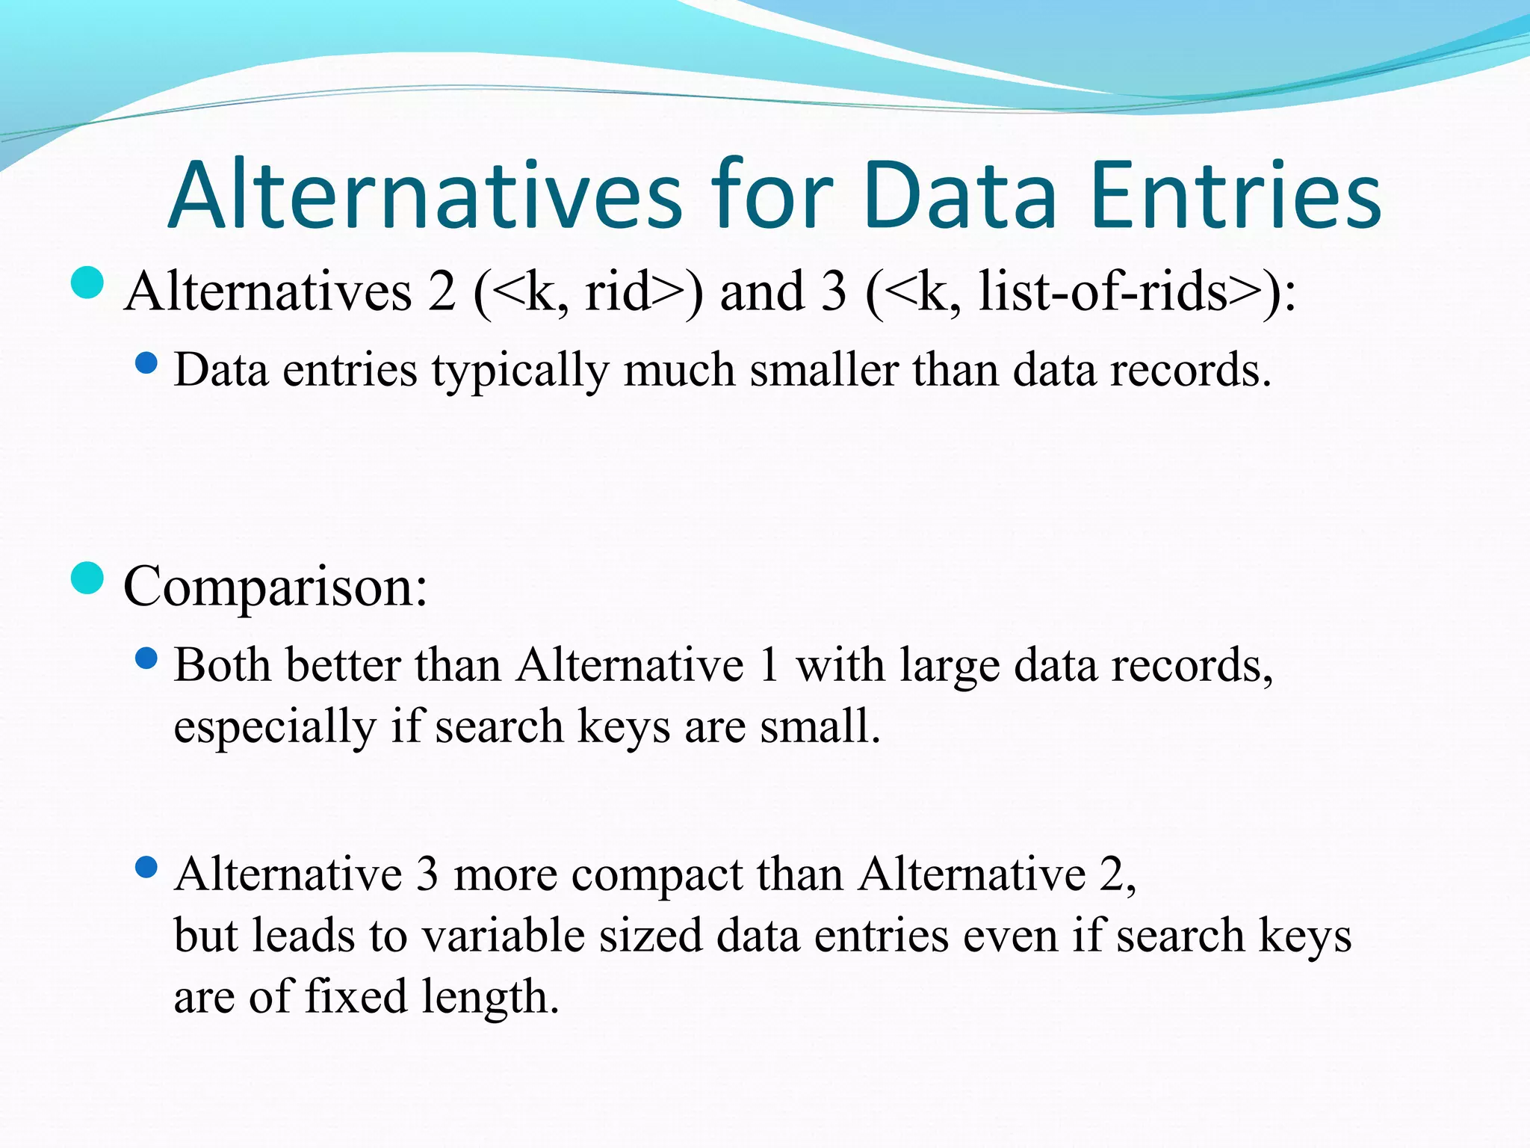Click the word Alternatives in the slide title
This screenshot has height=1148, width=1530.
click(425, 196)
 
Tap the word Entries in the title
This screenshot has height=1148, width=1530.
click(1235, 196)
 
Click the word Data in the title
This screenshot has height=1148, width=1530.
click(960, 196)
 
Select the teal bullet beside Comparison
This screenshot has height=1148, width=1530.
click(87, 578)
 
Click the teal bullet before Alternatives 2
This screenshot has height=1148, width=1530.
click(87, 283)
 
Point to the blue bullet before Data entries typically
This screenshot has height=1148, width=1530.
click(146, 364)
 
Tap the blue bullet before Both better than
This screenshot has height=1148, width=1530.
click(146, 658)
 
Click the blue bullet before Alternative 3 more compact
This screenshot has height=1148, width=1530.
click(146, 868)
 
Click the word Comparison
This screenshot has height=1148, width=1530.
click(275, 587)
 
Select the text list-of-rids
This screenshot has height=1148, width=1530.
click(1103, 291)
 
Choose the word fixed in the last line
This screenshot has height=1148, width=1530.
click(356, 997)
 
